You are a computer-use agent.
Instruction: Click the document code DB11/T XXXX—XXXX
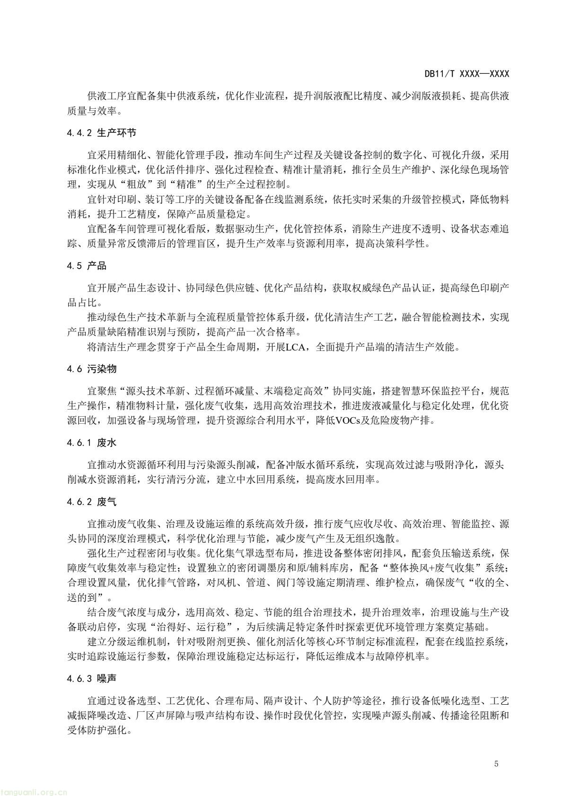(x=466, y=74)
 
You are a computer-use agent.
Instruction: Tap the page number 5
(x=496, y=764)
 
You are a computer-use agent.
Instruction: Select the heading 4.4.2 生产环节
(x=102, y=133)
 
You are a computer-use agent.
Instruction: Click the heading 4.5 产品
(x=87, y=266)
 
